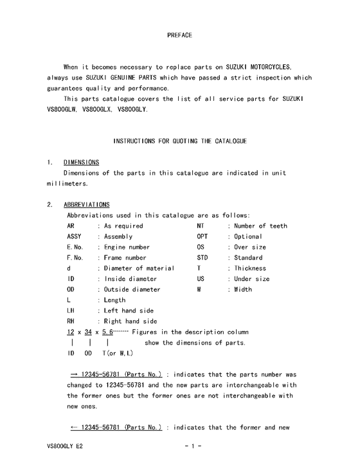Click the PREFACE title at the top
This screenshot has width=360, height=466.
179,34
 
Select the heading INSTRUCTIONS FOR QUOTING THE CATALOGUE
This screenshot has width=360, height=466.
179,140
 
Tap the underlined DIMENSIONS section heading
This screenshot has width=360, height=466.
81,162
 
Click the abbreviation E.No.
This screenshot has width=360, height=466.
75,247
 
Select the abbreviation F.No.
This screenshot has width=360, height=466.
75,258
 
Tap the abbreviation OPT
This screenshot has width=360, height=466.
202,237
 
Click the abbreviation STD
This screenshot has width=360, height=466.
202,258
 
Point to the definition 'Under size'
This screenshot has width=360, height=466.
252,279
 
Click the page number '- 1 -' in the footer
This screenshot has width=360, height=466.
193,445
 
